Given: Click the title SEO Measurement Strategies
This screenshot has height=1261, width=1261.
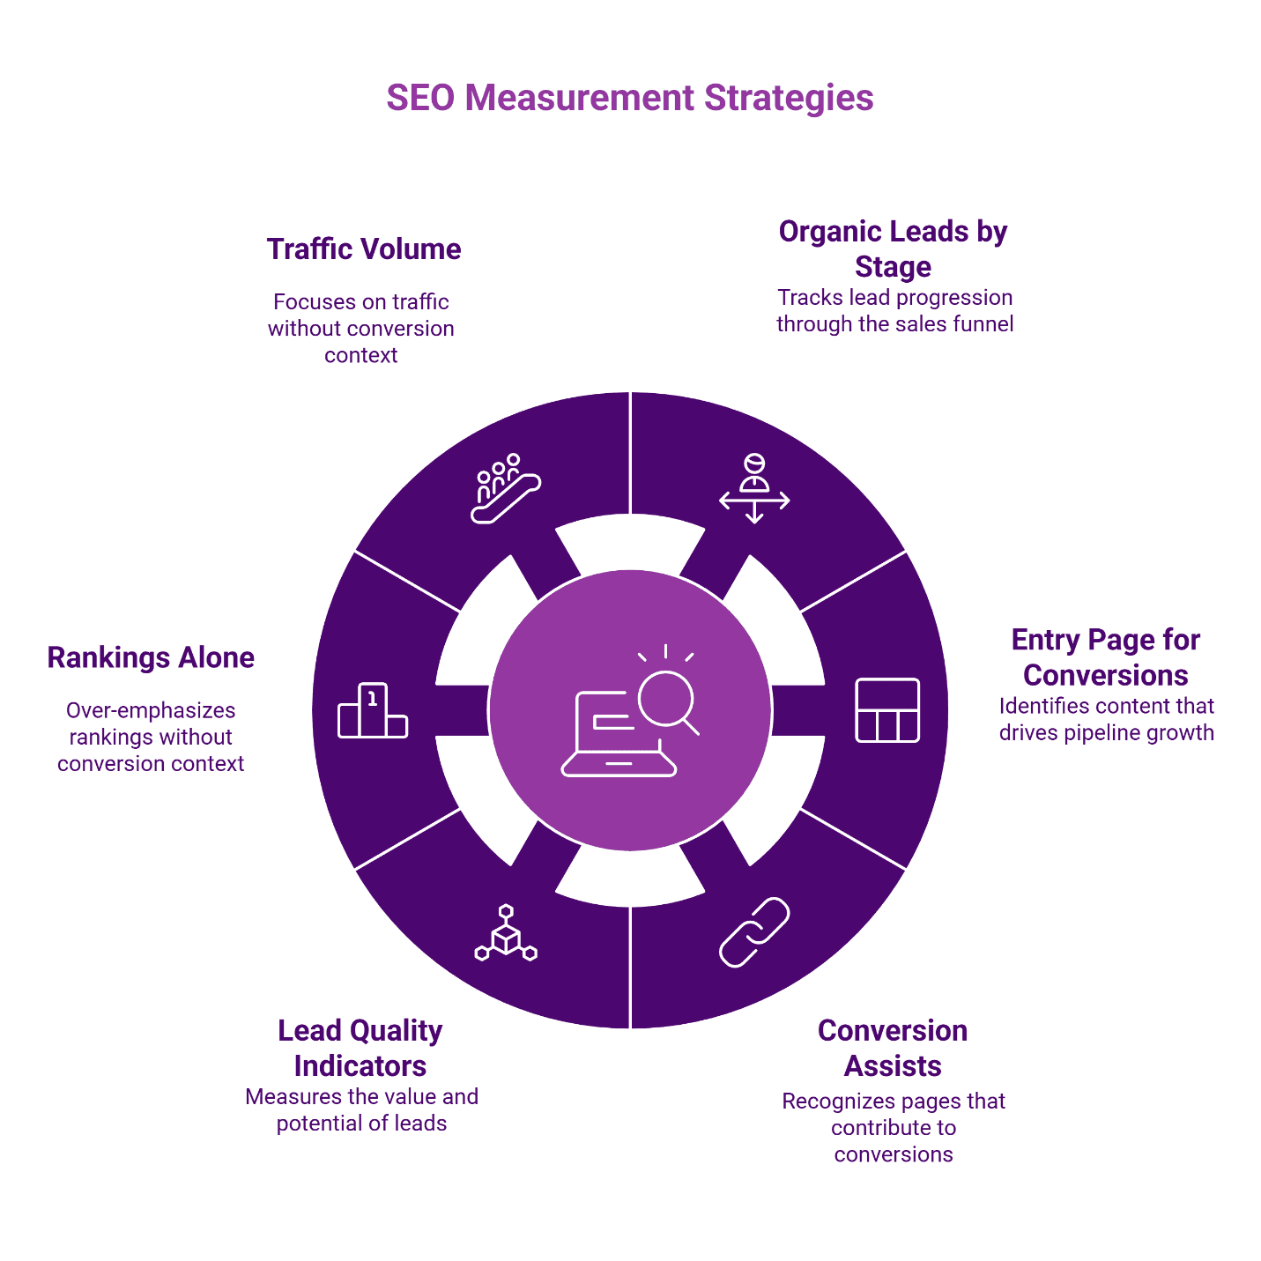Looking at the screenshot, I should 629,98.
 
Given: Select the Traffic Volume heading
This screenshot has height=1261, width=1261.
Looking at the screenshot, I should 364,249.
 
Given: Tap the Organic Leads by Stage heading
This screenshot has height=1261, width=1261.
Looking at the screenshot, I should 893,248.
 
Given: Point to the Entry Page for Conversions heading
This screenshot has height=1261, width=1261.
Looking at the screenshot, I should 1106,657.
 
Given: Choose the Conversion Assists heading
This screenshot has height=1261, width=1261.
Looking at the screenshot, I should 893,1048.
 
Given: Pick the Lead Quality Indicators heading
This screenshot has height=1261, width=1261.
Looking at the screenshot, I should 360,1048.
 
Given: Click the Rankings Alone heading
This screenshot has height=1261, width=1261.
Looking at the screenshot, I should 151,657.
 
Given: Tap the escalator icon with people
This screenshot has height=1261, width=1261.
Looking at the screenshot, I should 505,489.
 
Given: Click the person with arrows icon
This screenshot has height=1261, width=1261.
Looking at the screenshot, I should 754,489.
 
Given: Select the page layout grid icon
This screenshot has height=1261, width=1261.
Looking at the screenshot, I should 887,710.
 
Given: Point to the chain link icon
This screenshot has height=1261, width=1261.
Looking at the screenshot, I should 754,932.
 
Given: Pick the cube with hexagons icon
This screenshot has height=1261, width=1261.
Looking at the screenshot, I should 506,932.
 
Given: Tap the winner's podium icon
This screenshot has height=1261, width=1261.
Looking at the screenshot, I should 373,710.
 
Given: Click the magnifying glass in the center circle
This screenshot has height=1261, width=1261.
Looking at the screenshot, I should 668,700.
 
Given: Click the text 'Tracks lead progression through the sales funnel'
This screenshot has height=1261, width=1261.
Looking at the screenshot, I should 894,311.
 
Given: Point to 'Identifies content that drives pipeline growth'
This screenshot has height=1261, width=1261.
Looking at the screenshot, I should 1106,719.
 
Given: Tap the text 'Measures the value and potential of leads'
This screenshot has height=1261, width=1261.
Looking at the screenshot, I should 361,1109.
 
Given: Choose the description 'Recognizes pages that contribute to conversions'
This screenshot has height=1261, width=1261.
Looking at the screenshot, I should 894,1127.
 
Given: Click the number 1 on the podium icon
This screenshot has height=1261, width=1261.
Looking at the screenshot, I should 373,699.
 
